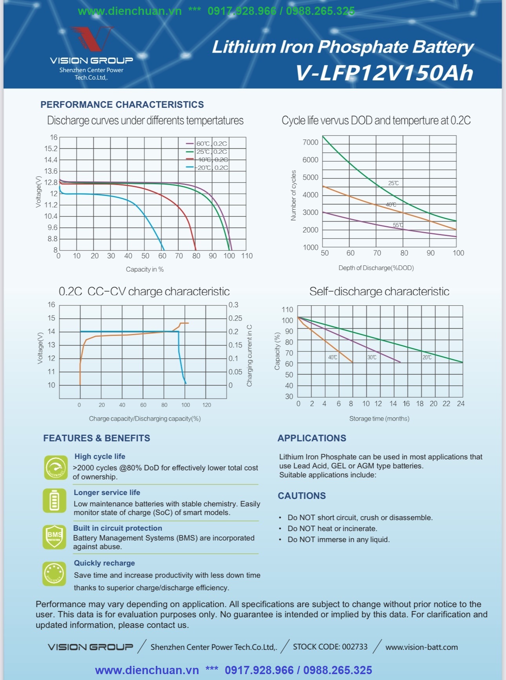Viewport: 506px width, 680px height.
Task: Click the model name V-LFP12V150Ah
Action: click(x=384, y=73)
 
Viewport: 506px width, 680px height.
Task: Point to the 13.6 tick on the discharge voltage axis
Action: click(x=51, y=171)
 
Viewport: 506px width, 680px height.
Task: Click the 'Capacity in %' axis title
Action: click(x=145, y=269)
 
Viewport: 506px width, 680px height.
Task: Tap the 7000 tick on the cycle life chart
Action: click(x=310, y=142)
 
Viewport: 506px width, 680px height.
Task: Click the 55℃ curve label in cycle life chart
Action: click(x=398, y=225)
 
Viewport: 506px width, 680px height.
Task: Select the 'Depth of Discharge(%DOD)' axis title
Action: click(x=376, y=268)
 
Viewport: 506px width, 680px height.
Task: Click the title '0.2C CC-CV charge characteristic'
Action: click(x=144, y=292)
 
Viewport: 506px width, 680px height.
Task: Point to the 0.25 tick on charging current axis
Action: click(x=235, y=318)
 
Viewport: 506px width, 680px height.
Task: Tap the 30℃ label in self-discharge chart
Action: click(x=372, y=357)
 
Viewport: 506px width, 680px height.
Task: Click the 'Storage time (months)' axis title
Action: click(x=379, y=419)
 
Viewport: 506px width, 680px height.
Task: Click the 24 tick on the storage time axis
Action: click(x=461, y=404)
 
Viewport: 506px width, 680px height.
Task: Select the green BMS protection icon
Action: click(x=55, y=537)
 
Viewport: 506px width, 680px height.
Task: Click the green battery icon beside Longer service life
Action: click(x=55, y=500)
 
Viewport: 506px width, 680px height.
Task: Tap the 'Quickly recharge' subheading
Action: click(x=104, y=563)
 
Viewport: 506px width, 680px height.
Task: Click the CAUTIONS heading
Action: click(x=302, y=496)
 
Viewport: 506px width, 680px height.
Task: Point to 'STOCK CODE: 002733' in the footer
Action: click(x=330, y=647)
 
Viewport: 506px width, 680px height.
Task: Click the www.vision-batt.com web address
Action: click(x=422, y=647)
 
